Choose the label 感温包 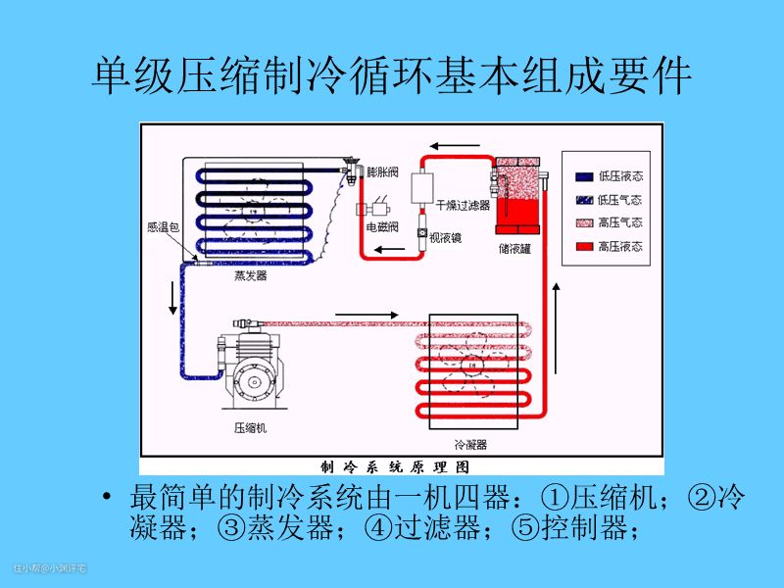[x=162, y=227]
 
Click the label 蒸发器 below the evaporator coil [x=251, y=276]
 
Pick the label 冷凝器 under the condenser [x=471, y=444]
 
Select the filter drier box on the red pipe [x=424, y=186]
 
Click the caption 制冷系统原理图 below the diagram [x=402, y=465]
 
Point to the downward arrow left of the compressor [x=174, y=298]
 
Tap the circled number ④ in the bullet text [x=378, y=529]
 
